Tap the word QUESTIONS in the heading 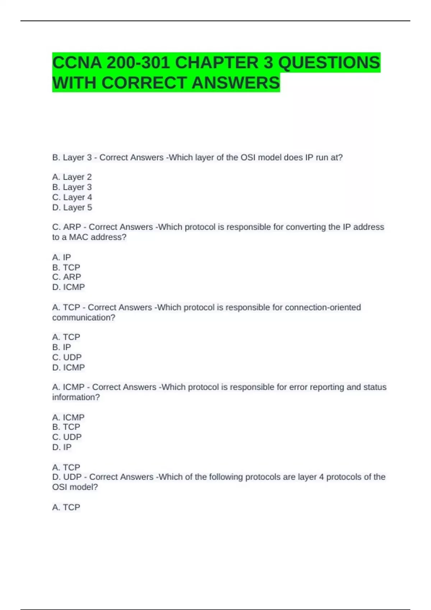point(329,63)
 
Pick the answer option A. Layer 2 point(72,177)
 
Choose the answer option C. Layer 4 point(72,197)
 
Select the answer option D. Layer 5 point(72,207)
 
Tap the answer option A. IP point(61,257)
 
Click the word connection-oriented point(323,308)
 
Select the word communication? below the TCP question point(84,318)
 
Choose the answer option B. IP point(61,347)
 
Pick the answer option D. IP point(62,447)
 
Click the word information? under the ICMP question point(76,397)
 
